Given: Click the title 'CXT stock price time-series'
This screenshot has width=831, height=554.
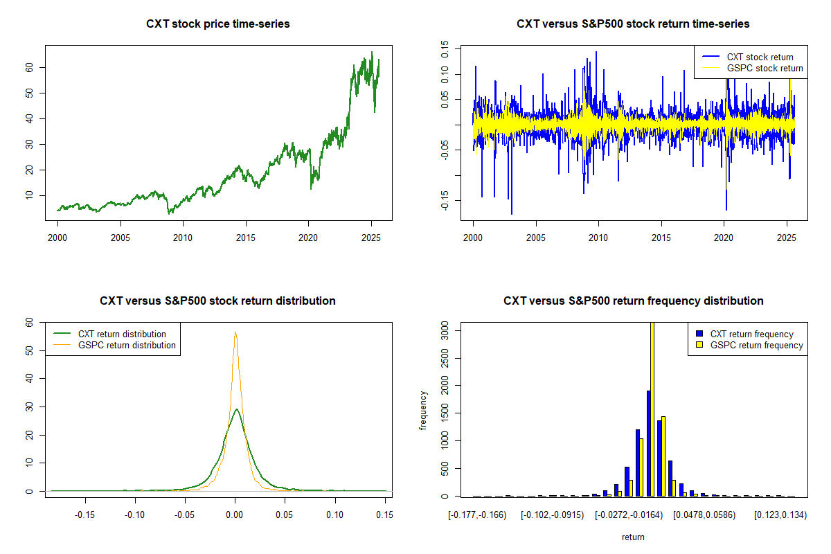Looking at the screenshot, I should coord(218,24).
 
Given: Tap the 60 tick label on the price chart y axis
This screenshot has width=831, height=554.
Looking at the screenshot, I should coord(30,67).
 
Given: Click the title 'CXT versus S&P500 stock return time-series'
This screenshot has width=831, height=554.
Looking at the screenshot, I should coord(633,24).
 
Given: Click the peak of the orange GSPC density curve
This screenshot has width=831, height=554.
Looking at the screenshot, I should coord(235,332).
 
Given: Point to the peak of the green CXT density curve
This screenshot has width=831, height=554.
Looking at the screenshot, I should coord(236,409).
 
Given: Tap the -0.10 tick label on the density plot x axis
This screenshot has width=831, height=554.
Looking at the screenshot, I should coord(134,515).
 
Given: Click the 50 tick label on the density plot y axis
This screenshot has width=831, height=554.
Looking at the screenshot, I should coord(30,350).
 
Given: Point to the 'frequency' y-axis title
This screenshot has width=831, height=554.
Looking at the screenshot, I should coord(424,411).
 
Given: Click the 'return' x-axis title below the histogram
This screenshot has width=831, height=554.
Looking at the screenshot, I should coord(633,537).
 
